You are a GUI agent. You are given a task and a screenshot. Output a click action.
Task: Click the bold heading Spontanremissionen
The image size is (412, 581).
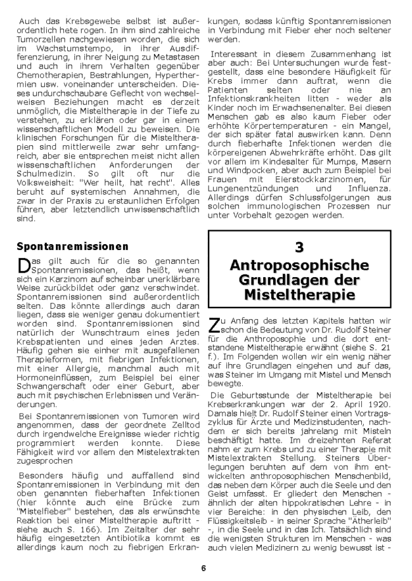coord(73,245)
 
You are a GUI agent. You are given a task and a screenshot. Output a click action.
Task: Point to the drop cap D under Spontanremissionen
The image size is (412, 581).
coord(23,264)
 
